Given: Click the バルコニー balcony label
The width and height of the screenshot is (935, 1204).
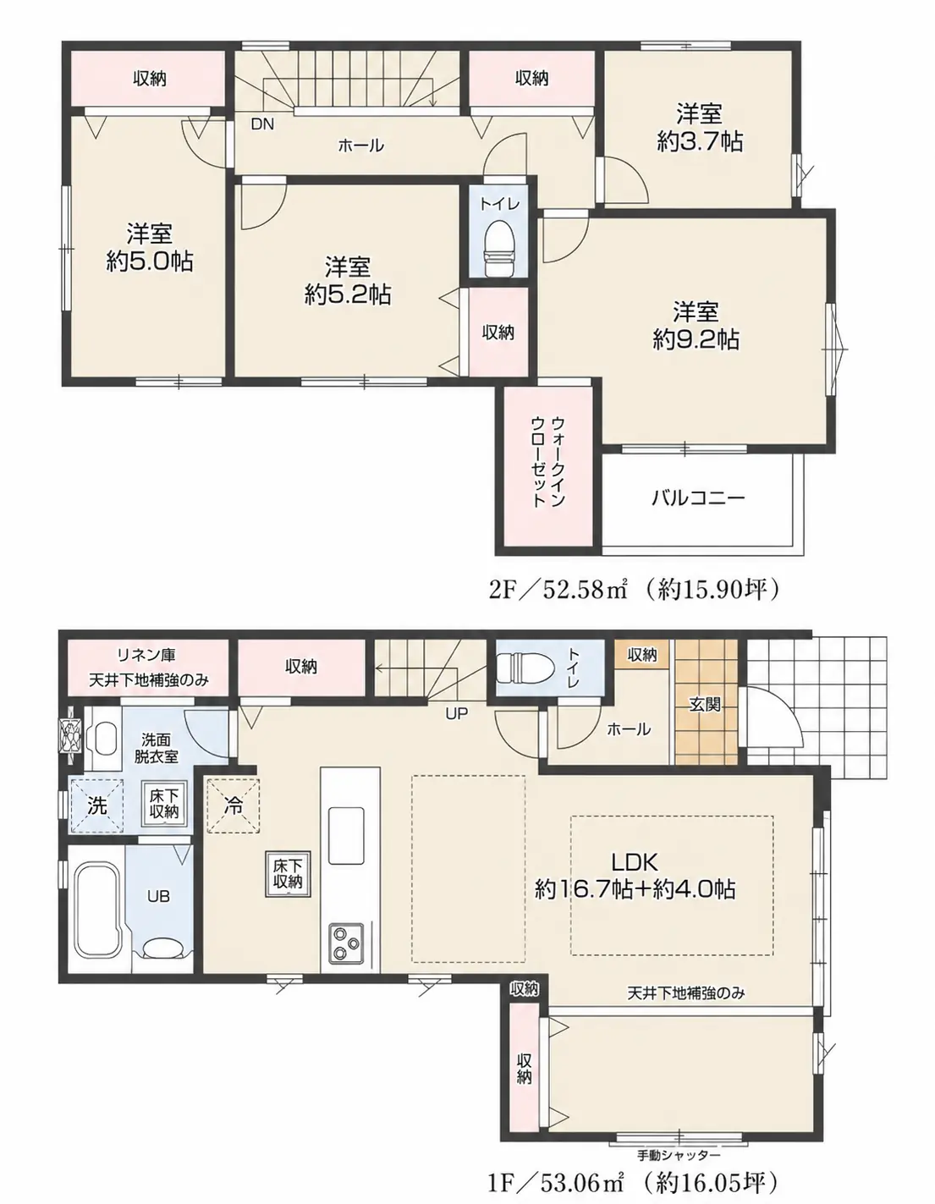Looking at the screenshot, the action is click(697, 497).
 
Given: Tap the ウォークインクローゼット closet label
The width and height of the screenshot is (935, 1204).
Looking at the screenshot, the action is click(547, 462).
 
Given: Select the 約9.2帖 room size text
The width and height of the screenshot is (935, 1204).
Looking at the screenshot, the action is click(696, 339).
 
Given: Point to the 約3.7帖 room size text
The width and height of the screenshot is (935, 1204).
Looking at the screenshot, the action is click(699, 142).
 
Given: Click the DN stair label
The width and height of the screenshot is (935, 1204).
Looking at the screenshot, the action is click(262, 124).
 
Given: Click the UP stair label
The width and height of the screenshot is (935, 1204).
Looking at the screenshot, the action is click(457, 714).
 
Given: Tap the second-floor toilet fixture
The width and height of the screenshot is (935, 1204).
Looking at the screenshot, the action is click(498, 248).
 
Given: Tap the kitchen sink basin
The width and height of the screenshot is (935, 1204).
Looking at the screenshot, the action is click(346, 835).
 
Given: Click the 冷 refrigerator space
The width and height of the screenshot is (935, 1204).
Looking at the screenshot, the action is click(234, 805).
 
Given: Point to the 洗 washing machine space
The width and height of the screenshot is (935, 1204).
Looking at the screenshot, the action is click(97, 805).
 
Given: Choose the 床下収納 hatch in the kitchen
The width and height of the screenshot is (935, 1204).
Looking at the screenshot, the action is click(288, 874).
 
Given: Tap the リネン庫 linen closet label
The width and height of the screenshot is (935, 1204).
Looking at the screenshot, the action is click(146, 655).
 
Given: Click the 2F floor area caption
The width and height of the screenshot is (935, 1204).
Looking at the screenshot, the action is click(635, 590).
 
